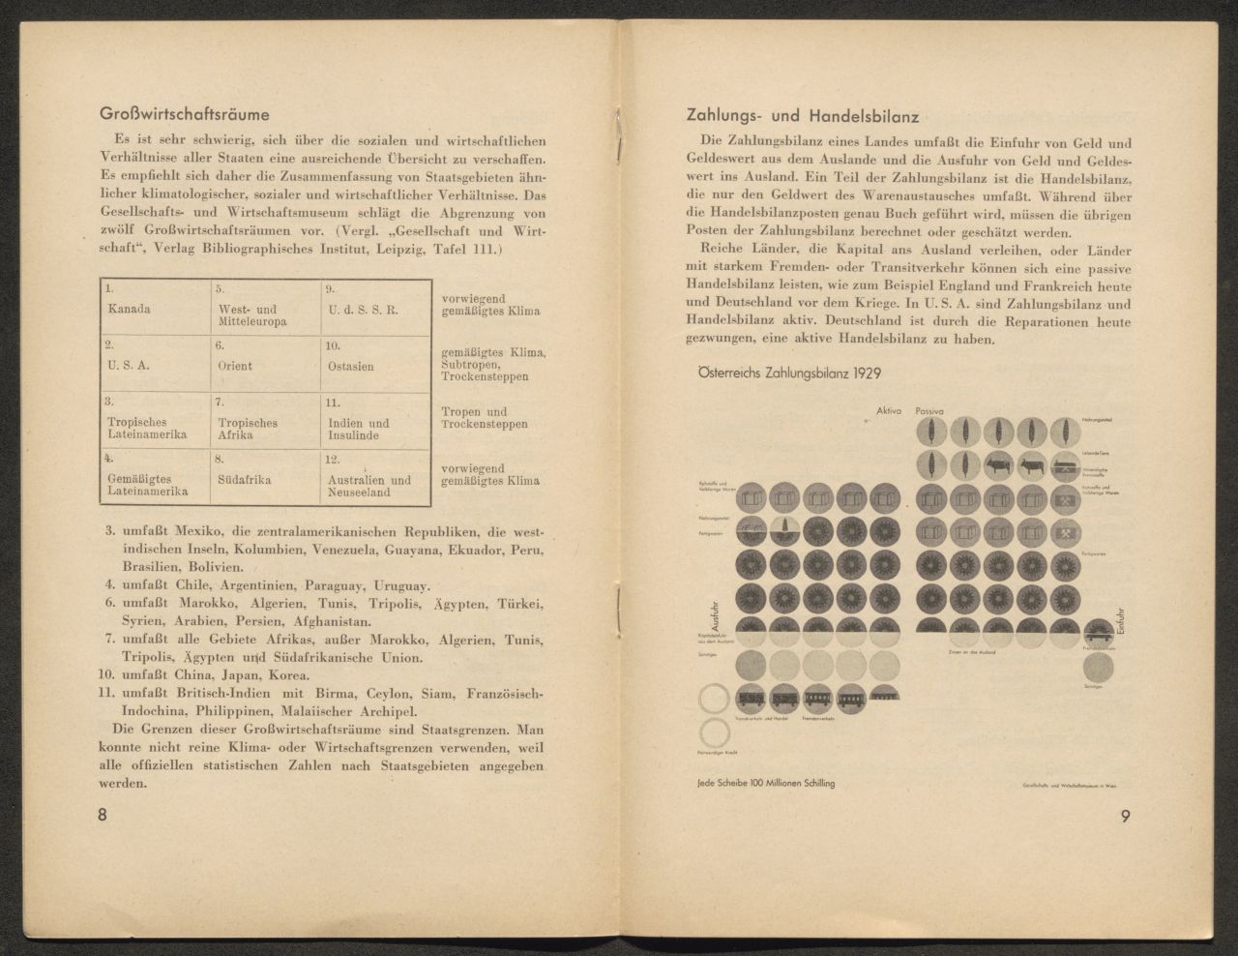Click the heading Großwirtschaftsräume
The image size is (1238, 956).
click(185, 114)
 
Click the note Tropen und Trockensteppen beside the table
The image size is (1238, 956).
click(485, 418)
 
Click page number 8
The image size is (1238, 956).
click(103, 814)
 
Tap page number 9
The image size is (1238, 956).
click(1126, 815)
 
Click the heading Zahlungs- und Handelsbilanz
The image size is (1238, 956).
click(802, 116)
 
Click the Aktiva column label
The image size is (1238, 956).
click(888, 411)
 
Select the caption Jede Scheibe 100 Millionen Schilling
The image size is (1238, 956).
click(765, 782)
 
